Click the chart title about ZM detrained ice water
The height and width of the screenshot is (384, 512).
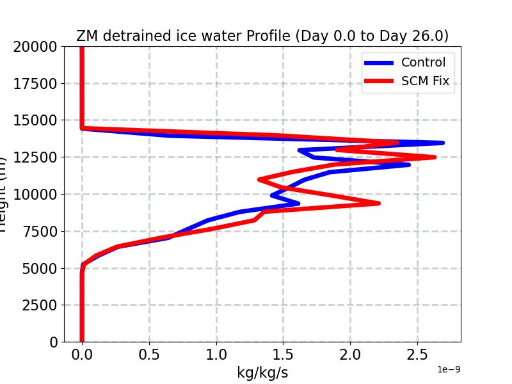pos(262,36)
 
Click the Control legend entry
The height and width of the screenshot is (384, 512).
pos(423,62)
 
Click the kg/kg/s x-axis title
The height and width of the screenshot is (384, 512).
pos(262,372)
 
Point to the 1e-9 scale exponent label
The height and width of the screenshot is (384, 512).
pos(449,370)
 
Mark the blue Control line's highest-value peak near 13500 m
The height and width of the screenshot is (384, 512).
pos(442,143)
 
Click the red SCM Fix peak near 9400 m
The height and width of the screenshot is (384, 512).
pos(378,203)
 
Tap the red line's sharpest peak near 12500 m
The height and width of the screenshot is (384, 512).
pos(435,157)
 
